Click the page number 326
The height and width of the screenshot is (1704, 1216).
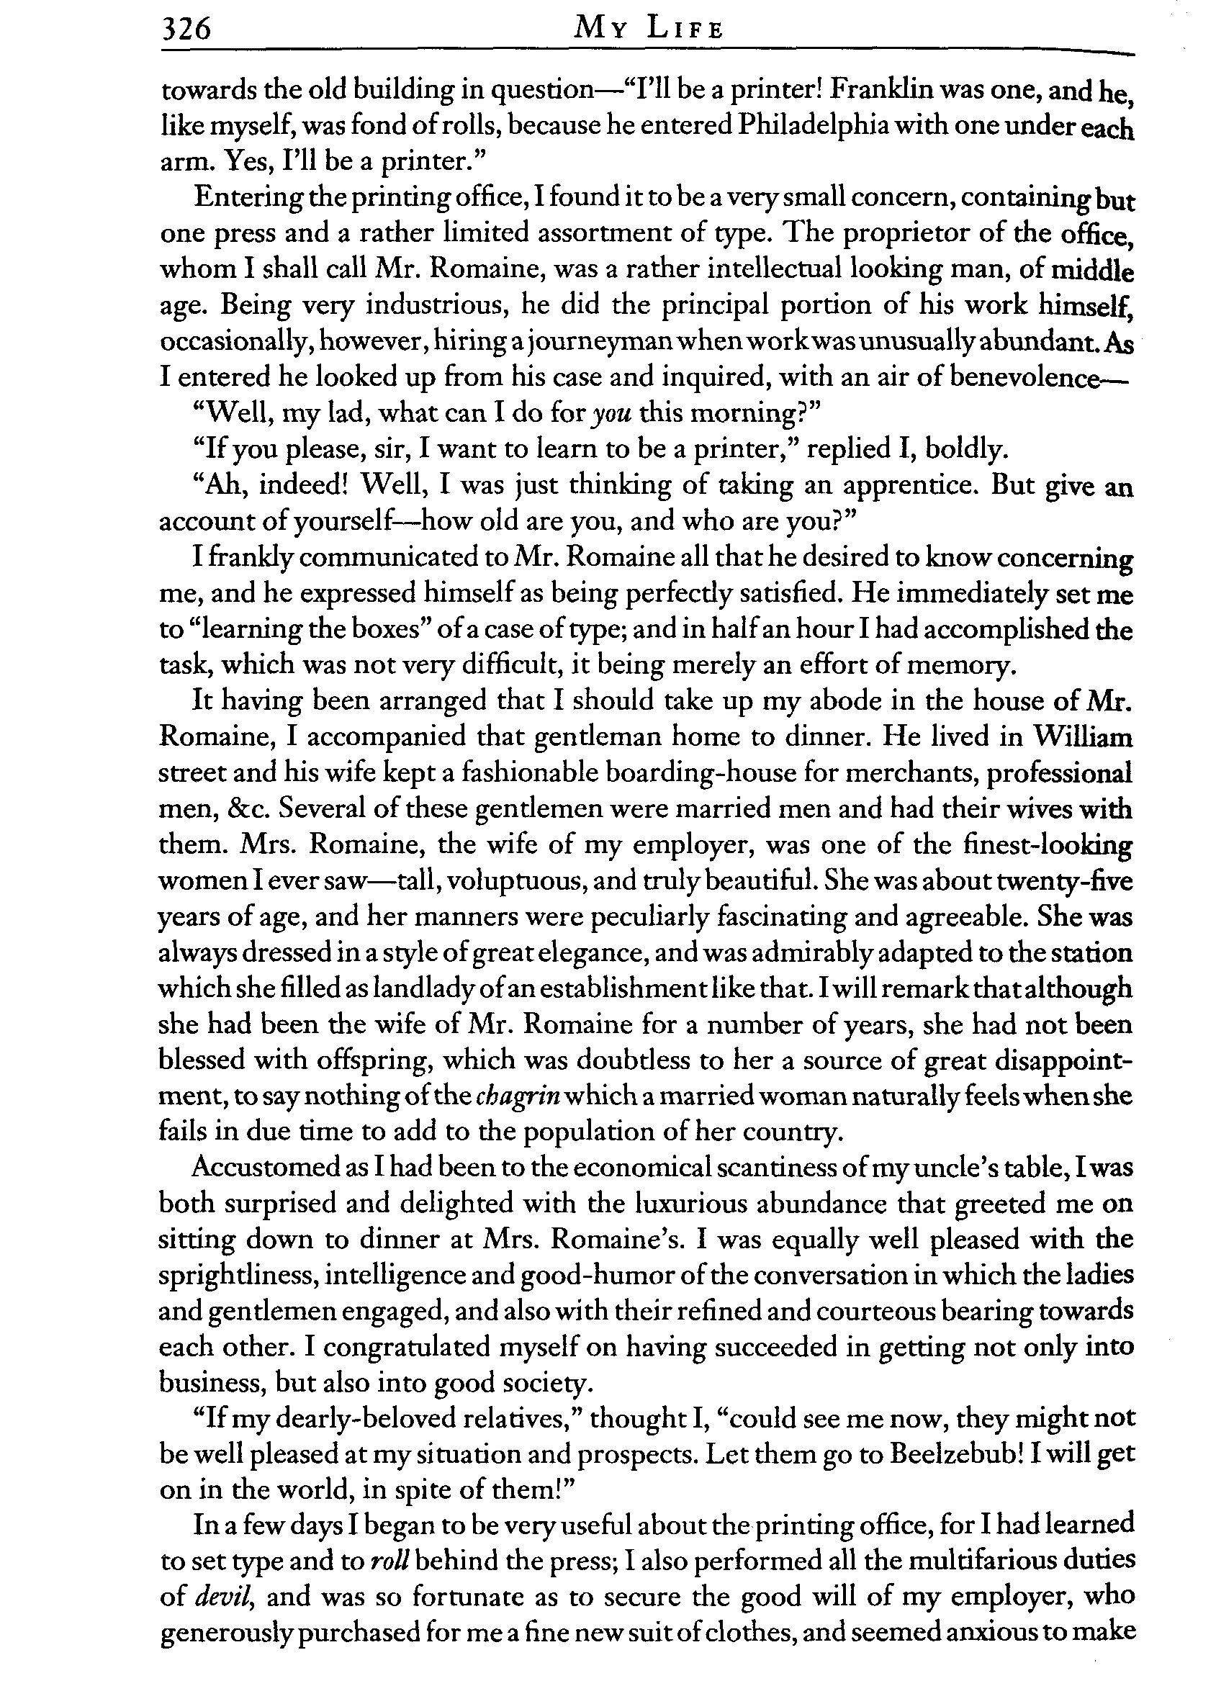[186, 30]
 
